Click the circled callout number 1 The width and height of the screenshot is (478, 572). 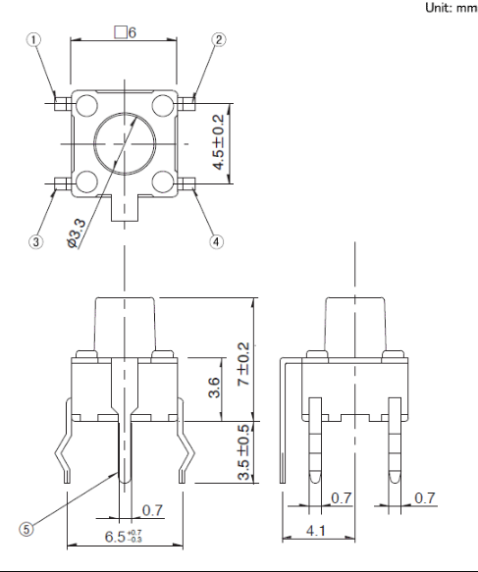pyautogui.click(x=33, y=40)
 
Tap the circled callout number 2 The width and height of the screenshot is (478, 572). pyautogui.click(x=219, y=39)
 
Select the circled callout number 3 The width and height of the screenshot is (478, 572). pyautogui.click(x=35, y=241)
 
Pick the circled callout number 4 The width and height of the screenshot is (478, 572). pyautogui.click(x=216, y=241)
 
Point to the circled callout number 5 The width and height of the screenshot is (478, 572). pyautogui.click(x=26, y=529)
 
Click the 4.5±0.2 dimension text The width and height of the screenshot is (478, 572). pyautogui.click(x=219, y=142)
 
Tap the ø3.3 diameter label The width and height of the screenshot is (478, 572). pyautogui.click(x=77, y=234)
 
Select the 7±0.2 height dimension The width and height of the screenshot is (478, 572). pyautogui.click(x=243, y=364)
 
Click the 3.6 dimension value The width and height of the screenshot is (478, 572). pyautogui.click(x=214, y=387)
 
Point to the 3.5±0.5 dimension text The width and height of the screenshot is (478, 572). pyautogui.click(x=243, y=452)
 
